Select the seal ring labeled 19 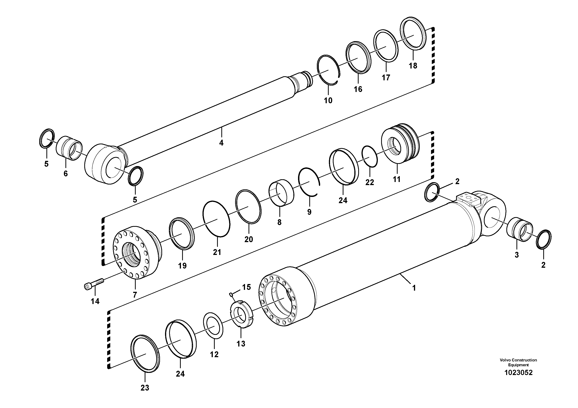pyautogui.click(x=182, y=233)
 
